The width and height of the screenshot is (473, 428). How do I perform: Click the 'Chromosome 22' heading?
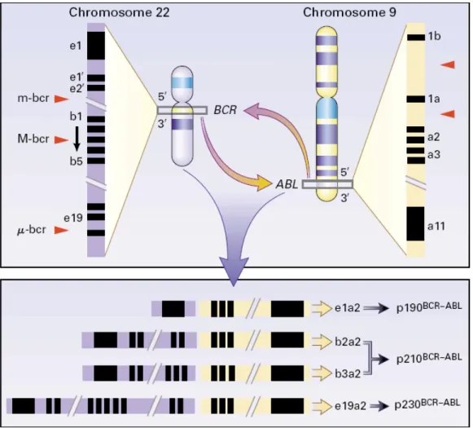click(x=119, y=13)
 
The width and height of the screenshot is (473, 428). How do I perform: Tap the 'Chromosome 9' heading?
click(x=349, y=13)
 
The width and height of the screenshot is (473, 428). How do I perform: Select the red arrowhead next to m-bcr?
click(x=62, y=99)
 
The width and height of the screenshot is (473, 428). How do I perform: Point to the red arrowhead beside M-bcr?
click(x=62, y=139)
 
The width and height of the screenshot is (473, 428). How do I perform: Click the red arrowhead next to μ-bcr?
click(x=62, y=230)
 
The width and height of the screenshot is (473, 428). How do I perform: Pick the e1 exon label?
click(x=76, y=46)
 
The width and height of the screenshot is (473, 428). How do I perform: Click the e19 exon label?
click(x=73, y=218)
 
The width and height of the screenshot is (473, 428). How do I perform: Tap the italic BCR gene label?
click(x=225, y=110)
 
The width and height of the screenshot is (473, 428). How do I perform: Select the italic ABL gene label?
click(x=287, y=184)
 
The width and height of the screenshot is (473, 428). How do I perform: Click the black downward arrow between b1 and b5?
click(x=77, y=139)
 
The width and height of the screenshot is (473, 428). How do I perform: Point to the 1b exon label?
click(x=434, y=36)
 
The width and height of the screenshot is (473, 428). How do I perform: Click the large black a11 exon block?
click(x=415, y=224)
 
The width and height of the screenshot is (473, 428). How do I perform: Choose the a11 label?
click(x=436, y=226)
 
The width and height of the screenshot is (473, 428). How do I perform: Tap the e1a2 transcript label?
click(x=347, y=308)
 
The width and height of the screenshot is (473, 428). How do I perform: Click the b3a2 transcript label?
click(x=348, y=373)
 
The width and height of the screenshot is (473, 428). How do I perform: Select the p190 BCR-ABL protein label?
click(x=429, y=307)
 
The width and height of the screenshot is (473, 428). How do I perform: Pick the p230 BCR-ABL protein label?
click(x=427, y=404)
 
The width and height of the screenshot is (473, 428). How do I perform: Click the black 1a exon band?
click(x=415, y=99)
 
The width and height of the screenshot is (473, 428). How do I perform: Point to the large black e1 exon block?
click(x=96, y=46)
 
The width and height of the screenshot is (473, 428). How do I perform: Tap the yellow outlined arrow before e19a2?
click(x=322, y=406)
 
